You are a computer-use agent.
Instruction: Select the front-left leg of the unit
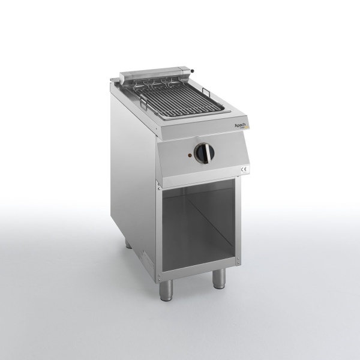click(166, 290)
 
